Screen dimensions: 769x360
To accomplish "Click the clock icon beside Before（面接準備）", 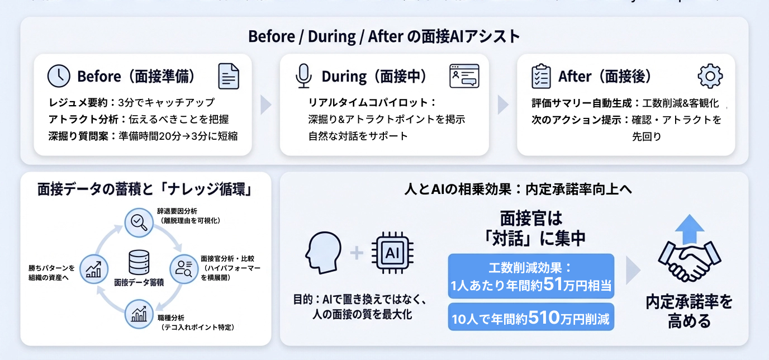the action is (59, 76).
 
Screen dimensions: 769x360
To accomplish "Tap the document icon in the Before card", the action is (229, 76).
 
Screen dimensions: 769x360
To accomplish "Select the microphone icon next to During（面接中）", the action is (303, 76).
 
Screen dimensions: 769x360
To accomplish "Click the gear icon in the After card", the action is (710, 76).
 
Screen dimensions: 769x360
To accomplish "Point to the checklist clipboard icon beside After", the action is (540, 76).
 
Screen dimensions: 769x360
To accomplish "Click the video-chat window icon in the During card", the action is (464, 76).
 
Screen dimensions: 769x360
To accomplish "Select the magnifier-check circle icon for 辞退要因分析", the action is (136, 220).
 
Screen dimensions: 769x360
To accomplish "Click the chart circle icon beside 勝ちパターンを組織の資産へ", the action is (92, 268).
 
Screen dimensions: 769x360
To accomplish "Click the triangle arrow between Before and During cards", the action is (266, 105).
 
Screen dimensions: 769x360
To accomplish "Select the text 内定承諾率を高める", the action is (689, 311).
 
